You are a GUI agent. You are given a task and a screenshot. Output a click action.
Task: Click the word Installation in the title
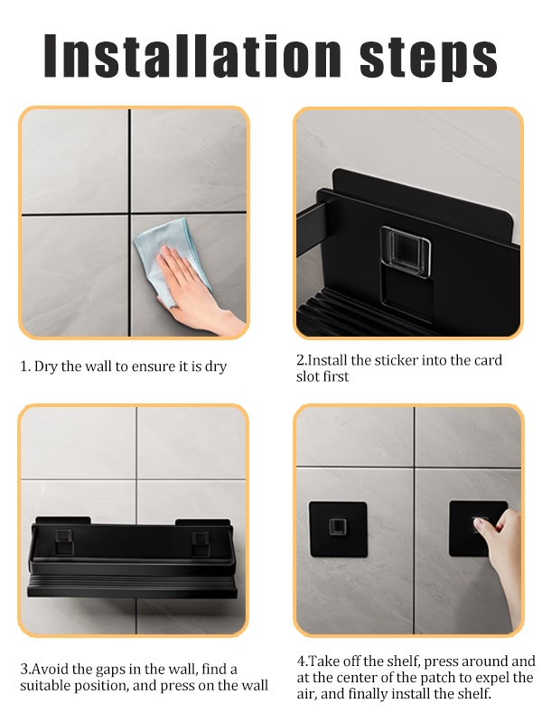(192, 55)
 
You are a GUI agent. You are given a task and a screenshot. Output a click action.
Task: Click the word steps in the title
(428, 58)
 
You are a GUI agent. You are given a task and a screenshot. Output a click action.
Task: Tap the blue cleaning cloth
(172, 258)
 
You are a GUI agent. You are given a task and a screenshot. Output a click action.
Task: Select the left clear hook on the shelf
(64, 541)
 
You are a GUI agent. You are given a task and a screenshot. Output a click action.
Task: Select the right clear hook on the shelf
(201, 543)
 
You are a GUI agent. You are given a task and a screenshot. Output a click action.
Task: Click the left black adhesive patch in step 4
(338, 529)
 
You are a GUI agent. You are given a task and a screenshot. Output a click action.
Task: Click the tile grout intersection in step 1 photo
(130, 214)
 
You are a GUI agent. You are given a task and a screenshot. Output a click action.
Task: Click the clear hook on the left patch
(337, 527)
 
